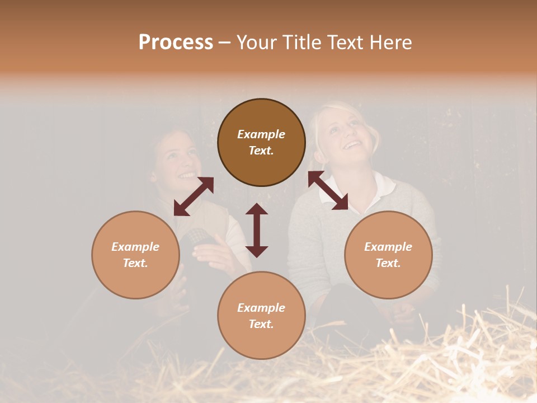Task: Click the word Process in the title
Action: point(176,43)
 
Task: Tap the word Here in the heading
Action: point(390,43)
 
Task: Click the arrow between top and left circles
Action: point(194,196)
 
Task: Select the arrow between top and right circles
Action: point(328,190)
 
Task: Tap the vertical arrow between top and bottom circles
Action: point(257,230)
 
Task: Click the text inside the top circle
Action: point(261,142)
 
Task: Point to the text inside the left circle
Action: point(135,255)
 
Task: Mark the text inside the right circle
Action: point(388,255)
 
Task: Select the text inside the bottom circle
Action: point(261,316)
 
